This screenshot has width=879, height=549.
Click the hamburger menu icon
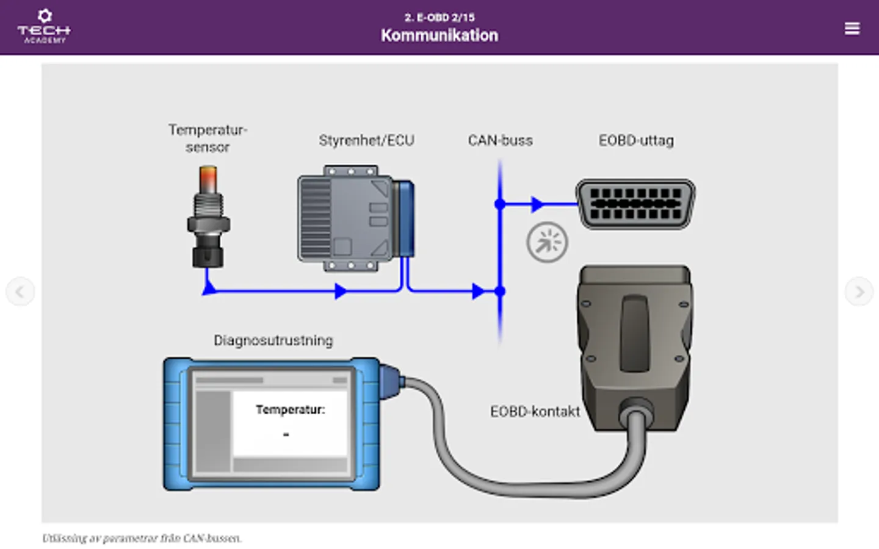[852, 29]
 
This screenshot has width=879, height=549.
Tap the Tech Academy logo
[44, 27]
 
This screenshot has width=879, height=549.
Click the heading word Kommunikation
[440, 35]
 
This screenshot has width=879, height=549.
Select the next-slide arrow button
[859, 292]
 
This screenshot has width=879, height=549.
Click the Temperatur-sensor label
[208, 138]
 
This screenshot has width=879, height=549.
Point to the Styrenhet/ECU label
[366, 141]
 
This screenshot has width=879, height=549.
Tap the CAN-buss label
[500, 141]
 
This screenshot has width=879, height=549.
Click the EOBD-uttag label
[636, 141]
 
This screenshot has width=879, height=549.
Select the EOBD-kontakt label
[535, 412]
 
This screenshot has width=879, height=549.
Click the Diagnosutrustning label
[273, 340]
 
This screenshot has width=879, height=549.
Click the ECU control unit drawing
[354, 218]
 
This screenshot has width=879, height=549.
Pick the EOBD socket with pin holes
[635, 204]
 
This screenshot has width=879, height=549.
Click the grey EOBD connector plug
[635, 342]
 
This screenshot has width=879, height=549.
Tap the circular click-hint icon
[547, 242]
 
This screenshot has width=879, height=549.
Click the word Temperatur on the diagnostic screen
[290, 410]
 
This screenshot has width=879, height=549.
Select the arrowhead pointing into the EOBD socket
[537, 204]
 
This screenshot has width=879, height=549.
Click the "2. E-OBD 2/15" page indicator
[440, 17]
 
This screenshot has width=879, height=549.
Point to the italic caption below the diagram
[142, 538]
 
